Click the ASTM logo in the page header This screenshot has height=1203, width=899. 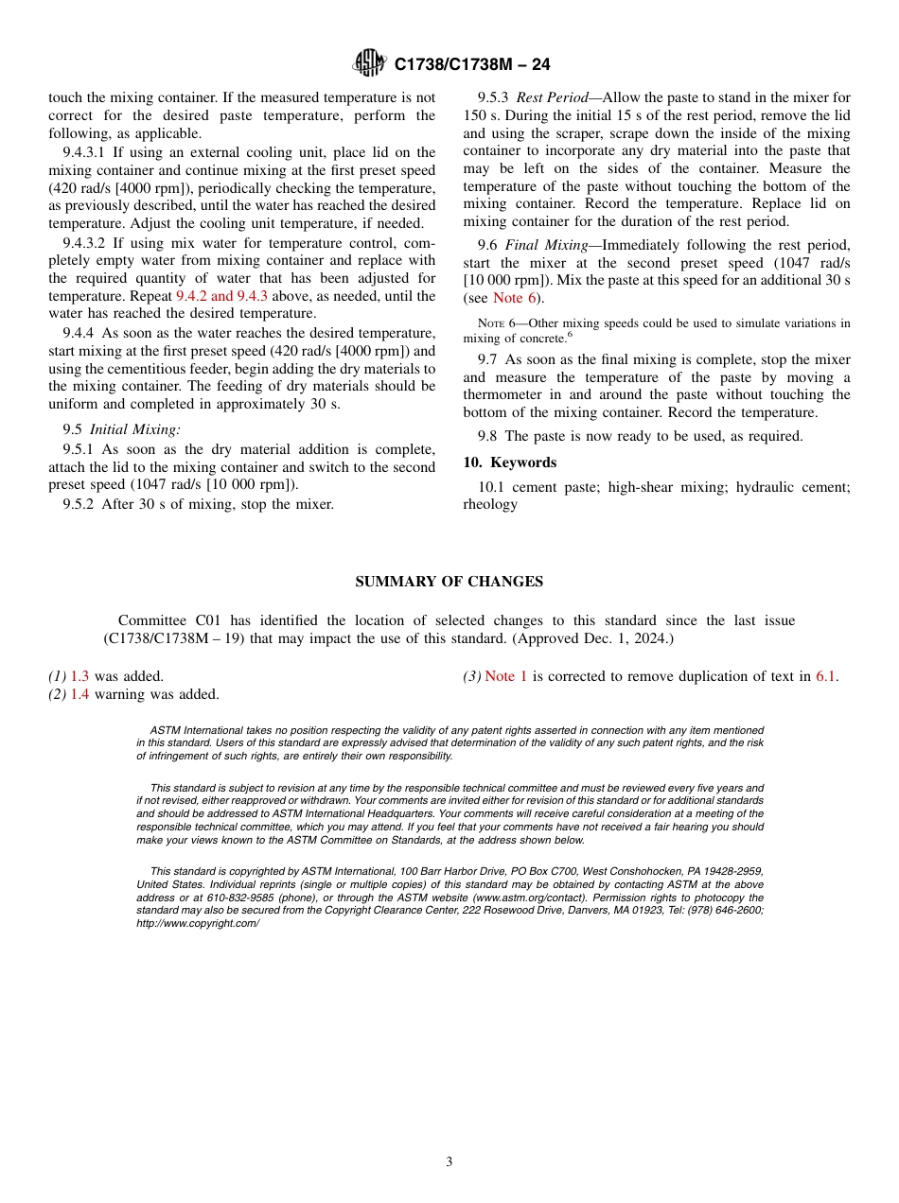pos(369,63)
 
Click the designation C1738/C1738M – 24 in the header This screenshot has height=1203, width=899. pos(471,64)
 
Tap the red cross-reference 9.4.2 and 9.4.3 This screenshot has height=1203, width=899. pos(222,296)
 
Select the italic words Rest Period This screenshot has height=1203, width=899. pos(552,97)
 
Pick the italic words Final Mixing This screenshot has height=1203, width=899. pos(553,245)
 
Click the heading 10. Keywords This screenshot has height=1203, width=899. pos(509,462)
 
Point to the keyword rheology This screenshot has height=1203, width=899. pos(490,504)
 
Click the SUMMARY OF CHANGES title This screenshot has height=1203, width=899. pos(449,582)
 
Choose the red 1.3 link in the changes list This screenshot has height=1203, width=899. pos(79,676)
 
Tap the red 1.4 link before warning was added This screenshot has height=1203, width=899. pos(79,694)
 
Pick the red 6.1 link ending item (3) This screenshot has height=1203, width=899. pos(825,676)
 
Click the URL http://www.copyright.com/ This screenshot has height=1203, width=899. pos(197,923)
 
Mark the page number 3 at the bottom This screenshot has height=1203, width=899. pos(449,1162)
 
